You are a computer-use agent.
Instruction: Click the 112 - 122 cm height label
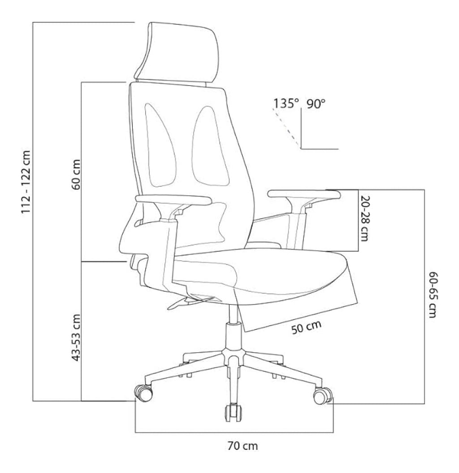[26, 182]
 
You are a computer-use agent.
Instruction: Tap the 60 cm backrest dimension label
[76, 175]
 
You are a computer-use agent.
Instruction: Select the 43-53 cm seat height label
[76, 337]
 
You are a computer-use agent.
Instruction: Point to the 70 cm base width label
[242, 446]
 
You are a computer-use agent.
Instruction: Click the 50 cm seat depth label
[307, 327]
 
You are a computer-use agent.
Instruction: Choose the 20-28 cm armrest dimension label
[364, 218]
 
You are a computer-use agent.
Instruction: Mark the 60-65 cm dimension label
[433, 295]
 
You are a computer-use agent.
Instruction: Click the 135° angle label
[286, 104]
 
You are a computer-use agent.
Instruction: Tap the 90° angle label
[316, 104]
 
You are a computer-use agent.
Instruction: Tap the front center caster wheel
[234, 413]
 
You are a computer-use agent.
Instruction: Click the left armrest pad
[173, 199]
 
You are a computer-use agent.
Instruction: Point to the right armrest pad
[304, 194]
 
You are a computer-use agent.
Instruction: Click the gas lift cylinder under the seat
[234, 331]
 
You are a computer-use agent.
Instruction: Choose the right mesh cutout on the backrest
[211, 146]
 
